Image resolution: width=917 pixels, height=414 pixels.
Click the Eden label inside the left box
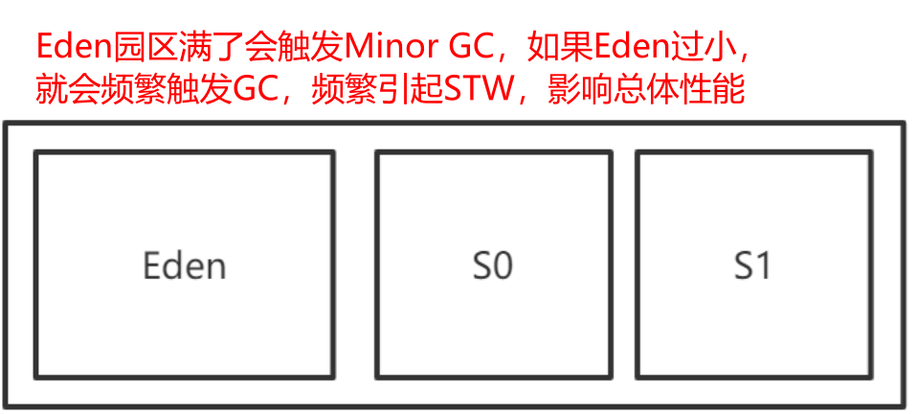coord(184,264)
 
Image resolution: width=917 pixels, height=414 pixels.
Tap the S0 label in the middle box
coord(493,264)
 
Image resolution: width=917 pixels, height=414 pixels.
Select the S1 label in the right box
coord(752,264)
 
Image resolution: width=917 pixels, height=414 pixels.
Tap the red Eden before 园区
coord(70,45)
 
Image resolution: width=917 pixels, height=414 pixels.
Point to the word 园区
coord(132,45)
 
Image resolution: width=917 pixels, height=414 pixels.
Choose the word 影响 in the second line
coord(574,91)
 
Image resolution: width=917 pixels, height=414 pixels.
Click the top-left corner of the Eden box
coord(36,152)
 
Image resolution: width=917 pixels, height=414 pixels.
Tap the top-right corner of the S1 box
coord(870,152)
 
